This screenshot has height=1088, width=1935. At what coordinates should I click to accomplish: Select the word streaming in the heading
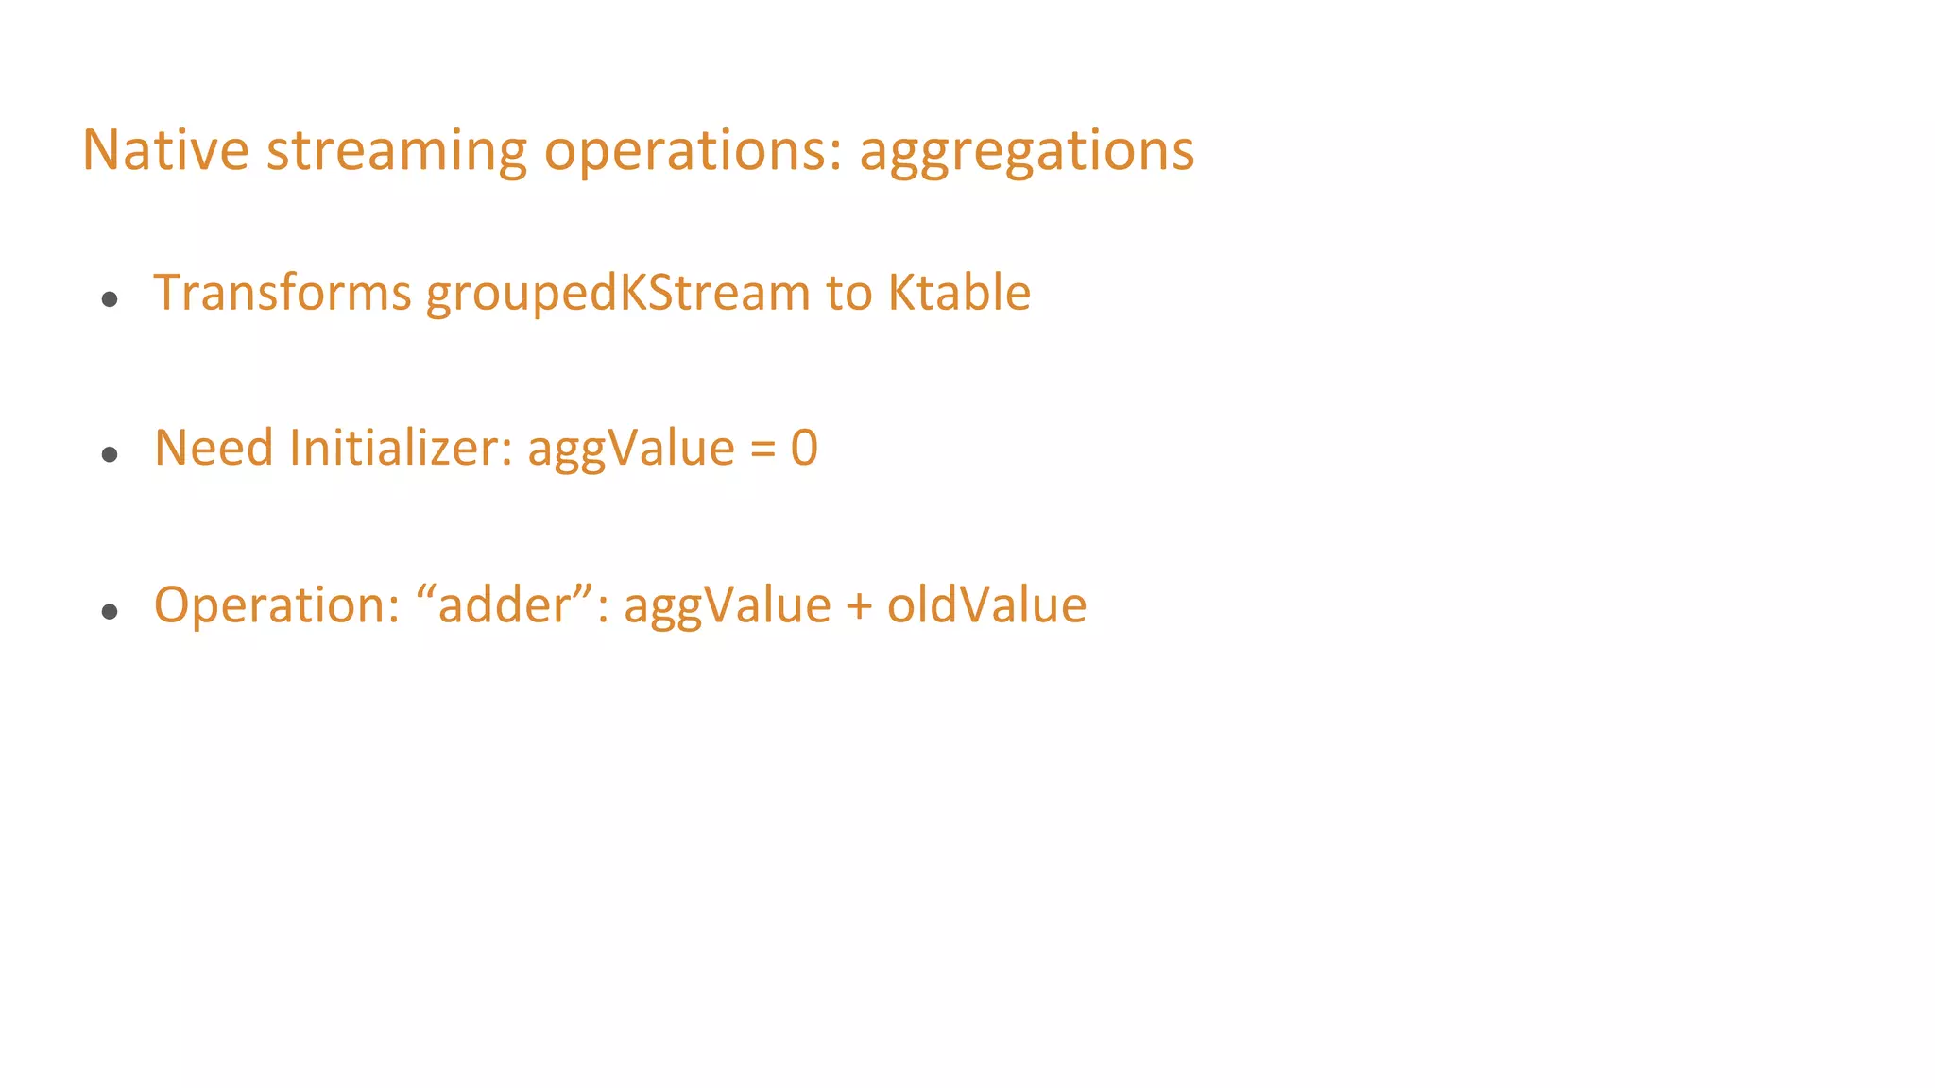396,151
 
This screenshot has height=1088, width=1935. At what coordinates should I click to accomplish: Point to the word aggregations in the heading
1026,151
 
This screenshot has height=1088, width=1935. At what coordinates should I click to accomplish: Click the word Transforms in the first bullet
283,292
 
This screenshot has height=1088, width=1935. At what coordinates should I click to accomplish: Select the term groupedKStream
618,294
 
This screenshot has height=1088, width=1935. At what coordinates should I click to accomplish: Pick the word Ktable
959,292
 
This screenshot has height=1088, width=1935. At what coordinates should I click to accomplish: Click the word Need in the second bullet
214,448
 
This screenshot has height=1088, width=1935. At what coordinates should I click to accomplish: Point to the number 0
804,448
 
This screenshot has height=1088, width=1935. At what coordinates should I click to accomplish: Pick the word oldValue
986,604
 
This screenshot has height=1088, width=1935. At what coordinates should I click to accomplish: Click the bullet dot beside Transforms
110,299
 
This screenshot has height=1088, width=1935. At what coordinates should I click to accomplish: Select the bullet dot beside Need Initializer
110,455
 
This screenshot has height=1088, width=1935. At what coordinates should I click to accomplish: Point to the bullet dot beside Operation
110,612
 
